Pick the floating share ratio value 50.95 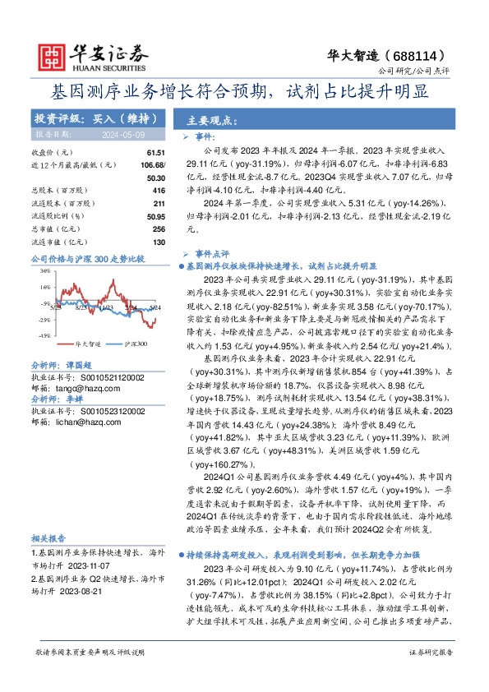(155, 215)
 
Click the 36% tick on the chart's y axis (45, 271)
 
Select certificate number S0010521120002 (111, 376)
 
